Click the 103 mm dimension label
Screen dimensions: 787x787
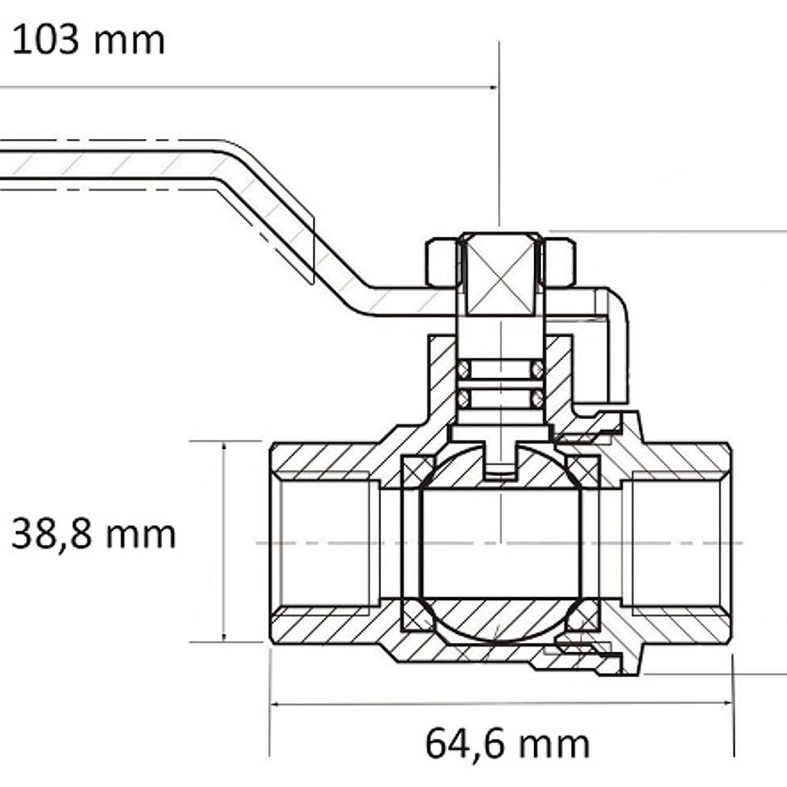tap(88, 40)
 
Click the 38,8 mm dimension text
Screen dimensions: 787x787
tap(93, 534)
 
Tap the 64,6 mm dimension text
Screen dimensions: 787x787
tap(507, 744)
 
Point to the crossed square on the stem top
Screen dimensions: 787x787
tap(501, 275)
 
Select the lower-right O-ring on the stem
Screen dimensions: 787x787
tap(538, 398)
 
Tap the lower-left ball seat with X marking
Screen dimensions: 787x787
tap(418, 615)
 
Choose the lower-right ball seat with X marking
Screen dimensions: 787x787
tap(583, 615)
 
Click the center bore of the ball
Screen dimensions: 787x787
tap(501, 543)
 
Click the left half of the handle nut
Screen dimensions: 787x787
tap(443, 262)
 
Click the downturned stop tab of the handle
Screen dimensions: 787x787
tap(616, 347)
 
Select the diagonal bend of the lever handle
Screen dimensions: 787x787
tap(296, 226)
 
